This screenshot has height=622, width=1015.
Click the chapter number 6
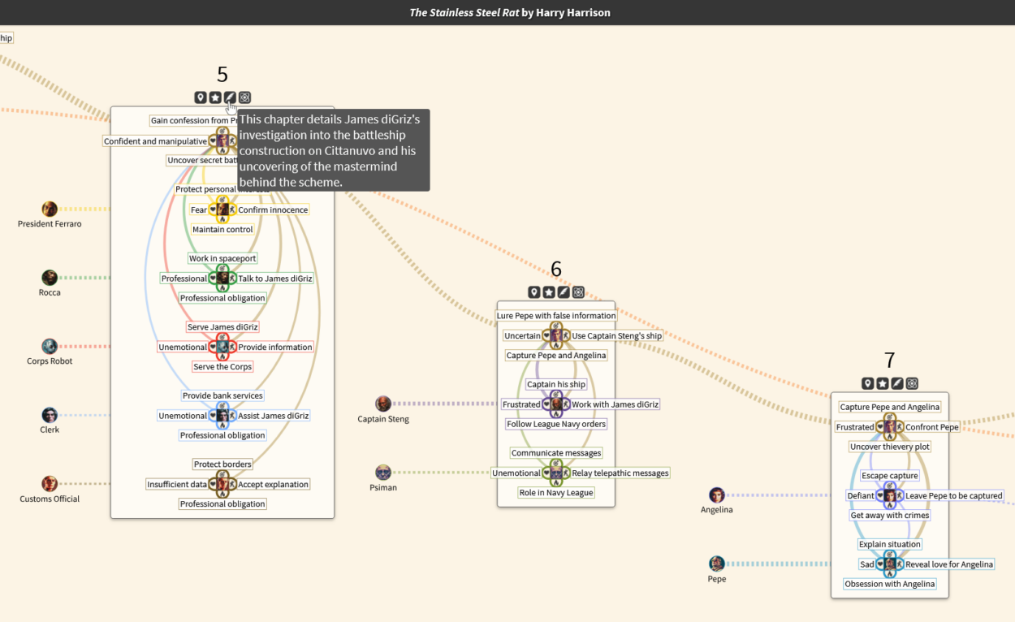tap(556, 269)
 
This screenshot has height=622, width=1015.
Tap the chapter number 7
tap(889, 360)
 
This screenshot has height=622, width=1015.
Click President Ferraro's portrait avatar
tap(50, 209)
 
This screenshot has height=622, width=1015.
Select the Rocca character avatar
tap(50, 278)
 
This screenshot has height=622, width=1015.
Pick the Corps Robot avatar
tap(50, 347)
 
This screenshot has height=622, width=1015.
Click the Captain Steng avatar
tap(383, 404)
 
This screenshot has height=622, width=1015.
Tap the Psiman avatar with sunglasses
tap(383, 473)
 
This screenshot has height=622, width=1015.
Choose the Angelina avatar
tap(716, 495)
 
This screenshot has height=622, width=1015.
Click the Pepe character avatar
tap(716, 564)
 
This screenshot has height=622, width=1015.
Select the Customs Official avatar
tap(50, 484)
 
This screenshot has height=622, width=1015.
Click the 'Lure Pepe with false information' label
tap(556, 316)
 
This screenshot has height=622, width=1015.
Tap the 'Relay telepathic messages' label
tap(620, 473)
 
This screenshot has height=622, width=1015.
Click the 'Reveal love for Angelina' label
tap(949, 564)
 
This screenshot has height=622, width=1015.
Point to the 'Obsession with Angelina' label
tap(889, 584)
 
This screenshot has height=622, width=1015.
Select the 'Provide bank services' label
tap(222, 396)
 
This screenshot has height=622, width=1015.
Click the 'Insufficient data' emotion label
tap(176, 485)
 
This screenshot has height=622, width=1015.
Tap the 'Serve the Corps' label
tap(222, 367)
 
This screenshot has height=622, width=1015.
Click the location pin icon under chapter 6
tap(534, 292)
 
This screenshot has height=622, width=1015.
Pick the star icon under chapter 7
tap(883, 383)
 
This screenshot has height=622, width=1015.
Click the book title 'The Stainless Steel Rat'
tap(464, 13)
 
